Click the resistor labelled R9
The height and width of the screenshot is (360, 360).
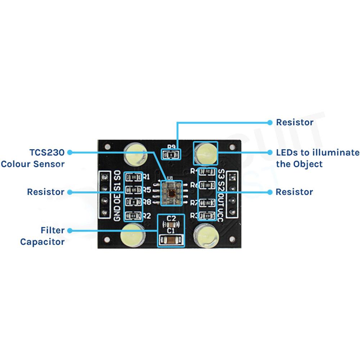pyautogui.click(x=172, y=155)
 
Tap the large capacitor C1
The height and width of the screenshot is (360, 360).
pyautogui.click(x=171, y=239)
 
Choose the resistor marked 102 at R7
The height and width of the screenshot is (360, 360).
pyautogui.click(x=207, y=203)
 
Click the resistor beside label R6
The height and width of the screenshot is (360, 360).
pyautogui.click(x=207, y=185)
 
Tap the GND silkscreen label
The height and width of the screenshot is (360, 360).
pyautogui.click(x=117, y=214)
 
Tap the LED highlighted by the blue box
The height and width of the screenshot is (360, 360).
pyautogui.click(x=206, y=152)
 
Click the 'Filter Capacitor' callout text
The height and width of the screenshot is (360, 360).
pyautogui.click(x=42, y=235)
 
